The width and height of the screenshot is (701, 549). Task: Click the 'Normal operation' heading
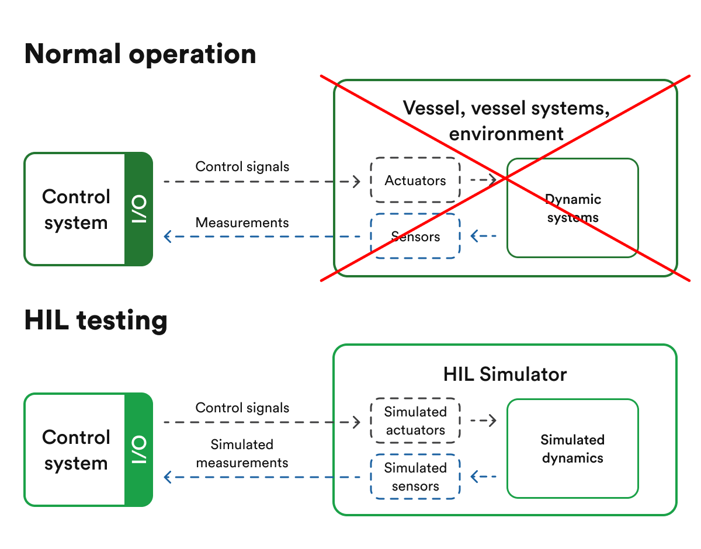pyautogui.click(x=140, y=54)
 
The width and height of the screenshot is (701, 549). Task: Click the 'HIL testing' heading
pyautogui.click(x=96, y=320)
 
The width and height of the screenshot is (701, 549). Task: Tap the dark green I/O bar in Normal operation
pyautogui.click(x=138, y=209)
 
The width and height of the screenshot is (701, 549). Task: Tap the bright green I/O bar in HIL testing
pyautogui.click(x=138, y=449)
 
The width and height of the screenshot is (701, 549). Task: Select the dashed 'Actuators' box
pyautogui.click(x=415, y=180)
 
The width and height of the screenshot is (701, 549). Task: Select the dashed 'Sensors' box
pyautogui.click(x=415, y=237)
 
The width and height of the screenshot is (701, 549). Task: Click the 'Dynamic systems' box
pyautogui.click(x=572, y=209)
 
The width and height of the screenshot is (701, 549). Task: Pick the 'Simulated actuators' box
pyautogui.click(x=415, y=421)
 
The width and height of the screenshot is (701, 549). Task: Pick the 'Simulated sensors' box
pyautogui.click(x=415, y=477)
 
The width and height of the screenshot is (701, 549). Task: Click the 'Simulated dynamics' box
pyautogui.click(x=572, y=449)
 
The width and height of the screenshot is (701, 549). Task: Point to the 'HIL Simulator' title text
pyautogui.click(x=505, y=374)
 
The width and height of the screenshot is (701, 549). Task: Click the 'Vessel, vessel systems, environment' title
pyautogui.click(x=506, y=120)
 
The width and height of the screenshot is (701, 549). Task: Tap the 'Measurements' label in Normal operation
pyautogui.click(x=242, y=223)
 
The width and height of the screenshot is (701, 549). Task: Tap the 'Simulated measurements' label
pyautogui.click(x=242, y=454)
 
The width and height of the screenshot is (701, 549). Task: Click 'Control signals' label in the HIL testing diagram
pyautogui.click(x=242, y=408)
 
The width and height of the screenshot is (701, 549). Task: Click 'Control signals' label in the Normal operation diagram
pyautogui.click(x=242, y=166)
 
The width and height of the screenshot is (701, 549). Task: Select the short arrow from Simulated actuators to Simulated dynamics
pyautogui.click(x=483, y=421)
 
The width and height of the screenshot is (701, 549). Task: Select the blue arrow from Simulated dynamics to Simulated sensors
pyautogui.click(x=483, y=477)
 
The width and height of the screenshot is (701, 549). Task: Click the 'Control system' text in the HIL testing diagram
pyautogui.click(x=76, y=450)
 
